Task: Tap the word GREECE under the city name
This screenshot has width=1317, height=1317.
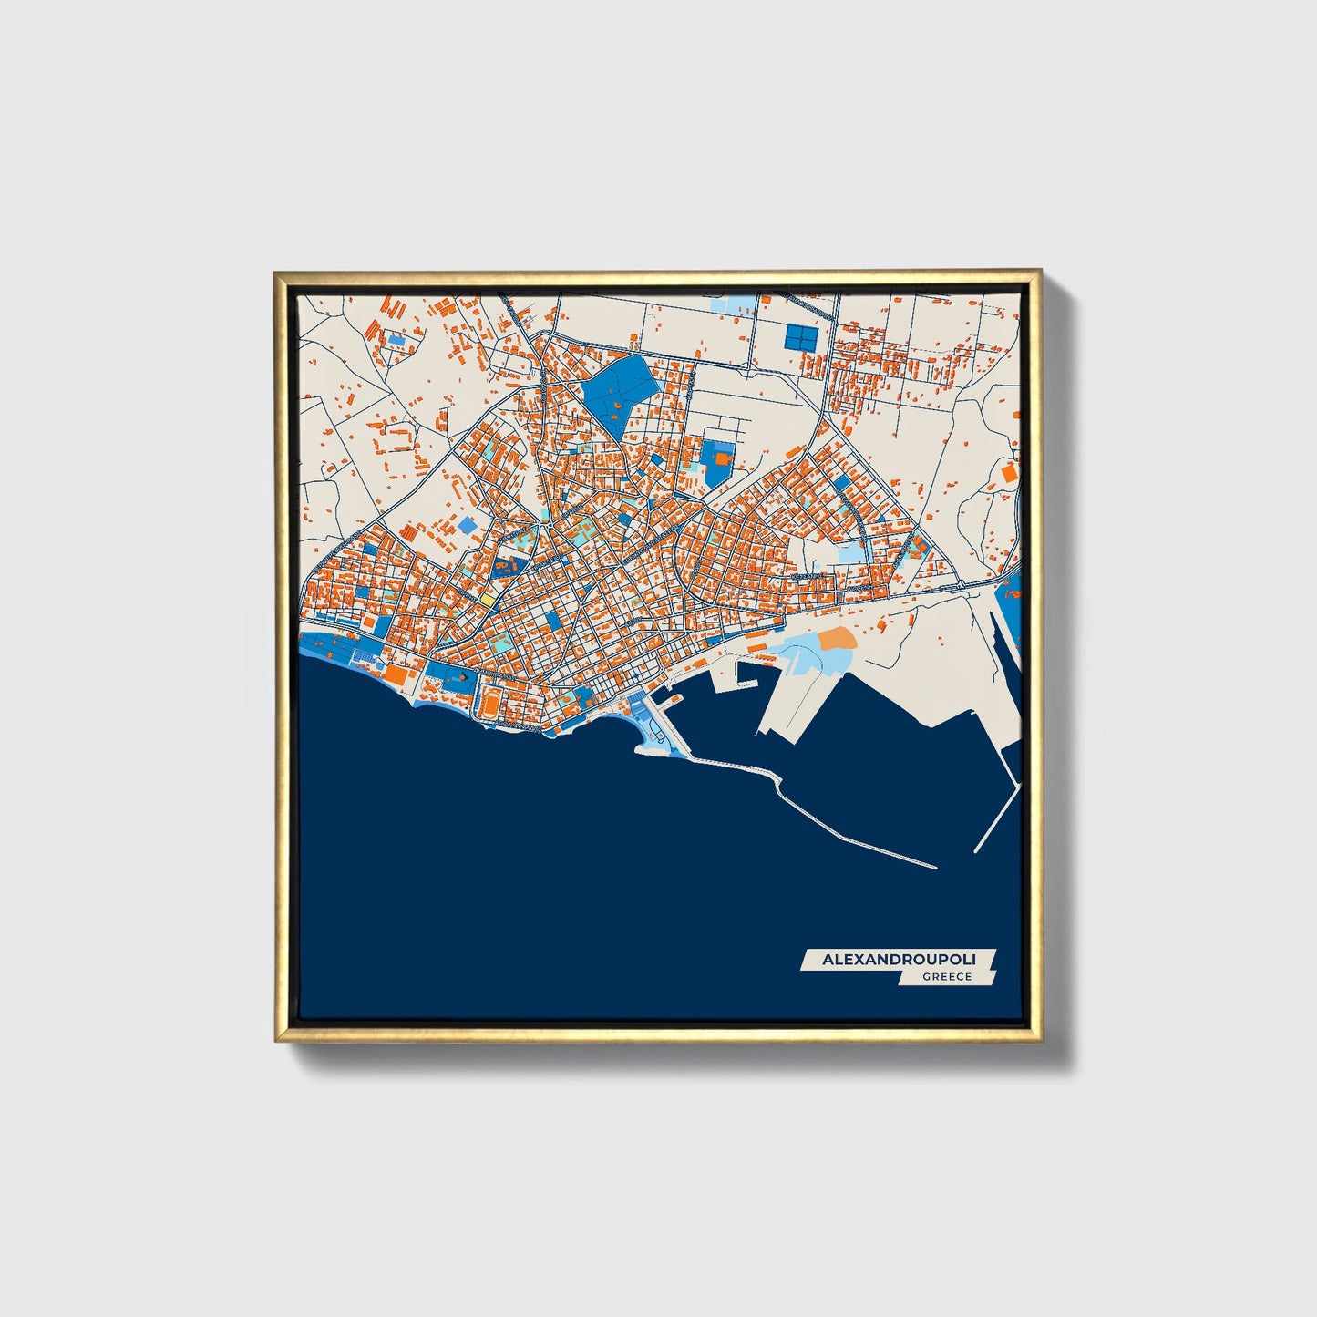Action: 946,977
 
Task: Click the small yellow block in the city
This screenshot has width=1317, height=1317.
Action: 488,601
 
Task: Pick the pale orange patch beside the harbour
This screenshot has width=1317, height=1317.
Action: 837,639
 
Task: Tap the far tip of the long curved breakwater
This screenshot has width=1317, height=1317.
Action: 935,867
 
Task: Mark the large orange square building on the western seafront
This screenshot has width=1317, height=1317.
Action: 395,674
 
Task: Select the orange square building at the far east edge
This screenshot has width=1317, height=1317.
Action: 1009,473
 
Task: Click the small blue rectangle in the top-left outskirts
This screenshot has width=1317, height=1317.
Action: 396,339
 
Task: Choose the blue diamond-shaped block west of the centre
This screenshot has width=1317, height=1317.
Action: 467,525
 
